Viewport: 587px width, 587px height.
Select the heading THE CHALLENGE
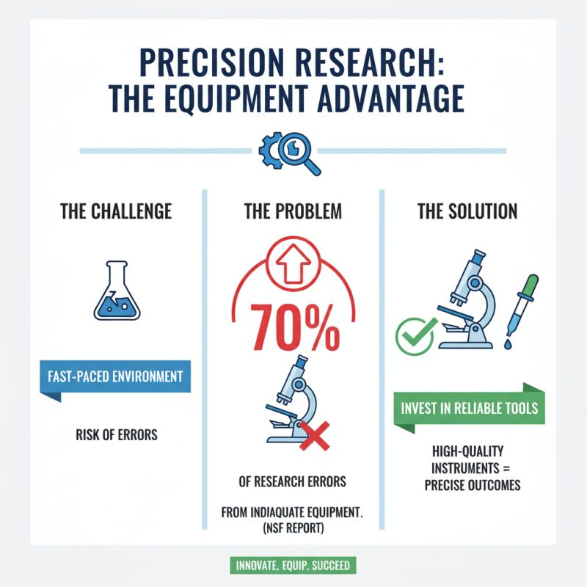click(116, 212)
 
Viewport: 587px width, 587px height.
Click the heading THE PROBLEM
click(293, 212)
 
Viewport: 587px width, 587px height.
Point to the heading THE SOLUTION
click(467, 212)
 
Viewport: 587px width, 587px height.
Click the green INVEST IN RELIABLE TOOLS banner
click(470, 408)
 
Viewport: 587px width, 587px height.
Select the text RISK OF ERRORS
click(116, 435)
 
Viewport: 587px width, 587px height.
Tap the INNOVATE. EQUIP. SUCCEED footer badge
click(293, 566)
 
